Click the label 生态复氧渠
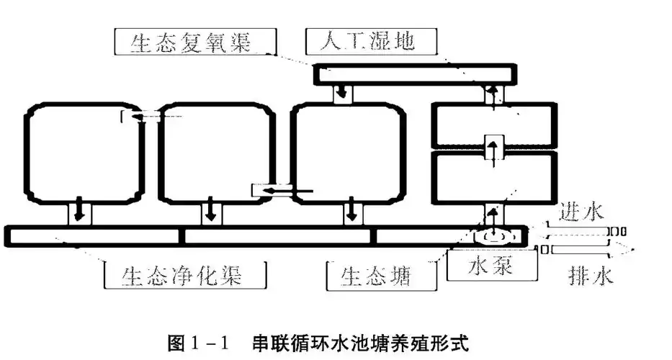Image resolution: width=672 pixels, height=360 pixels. tap(191, 43)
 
